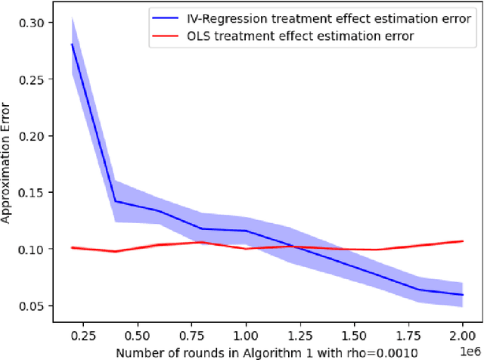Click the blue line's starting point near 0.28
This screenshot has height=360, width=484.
72,44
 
